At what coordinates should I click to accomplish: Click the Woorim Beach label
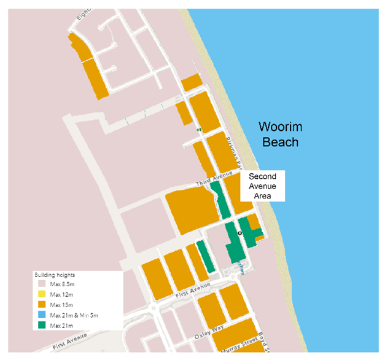[x=278, y=135]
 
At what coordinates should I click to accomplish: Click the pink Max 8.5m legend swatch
[x=41, y=284]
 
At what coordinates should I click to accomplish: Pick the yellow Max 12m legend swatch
[x=41, y=295]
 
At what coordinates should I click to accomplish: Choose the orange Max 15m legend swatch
[x=41, y=305]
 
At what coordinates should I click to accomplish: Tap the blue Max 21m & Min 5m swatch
[x=41, y=315]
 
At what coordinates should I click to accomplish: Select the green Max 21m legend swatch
[x=41, y=324]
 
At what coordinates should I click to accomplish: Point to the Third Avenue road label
[x=208, y=183]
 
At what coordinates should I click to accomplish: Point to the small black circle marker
[x=240, y=233]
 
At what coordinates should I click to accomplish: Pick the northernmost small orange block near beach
[x=192, y=82]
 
